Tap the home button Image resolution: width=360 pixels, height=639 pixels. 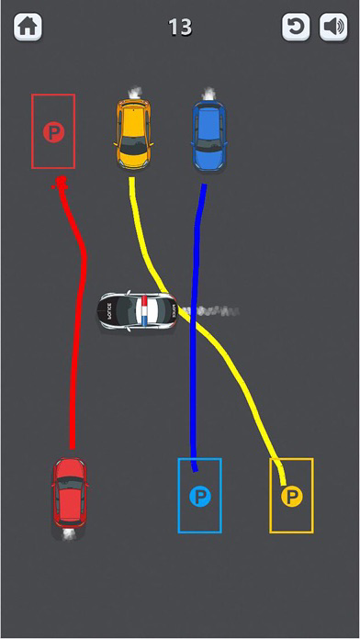28,28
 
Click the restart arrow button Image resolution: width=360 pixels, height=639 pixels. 296,28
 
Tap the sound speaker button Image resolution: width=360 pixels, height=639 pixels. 332,28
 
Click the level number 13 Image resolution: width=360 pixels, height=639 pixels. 180,28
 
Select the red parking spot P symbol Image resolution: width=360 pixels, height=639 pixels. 53,133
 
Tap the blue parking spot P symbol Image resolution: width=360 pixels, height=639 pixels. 199,497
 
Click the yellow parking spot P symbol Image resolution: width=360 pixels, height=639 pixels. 291,497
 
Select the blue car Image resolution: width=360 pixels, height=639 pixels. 208,135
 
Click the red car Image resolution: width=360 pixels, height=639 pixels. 70,497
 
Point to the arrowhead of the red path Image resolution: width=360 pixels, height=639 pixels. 61,185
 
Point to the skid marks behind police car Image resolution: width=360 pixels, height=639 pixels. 216,312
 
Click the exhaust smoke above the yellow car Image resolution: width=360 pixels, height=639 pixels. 134,91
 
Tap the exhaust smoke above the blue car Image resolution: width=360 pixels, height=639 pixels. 208,92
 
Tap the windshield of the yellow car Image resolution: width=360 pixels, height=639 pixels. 134,145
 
